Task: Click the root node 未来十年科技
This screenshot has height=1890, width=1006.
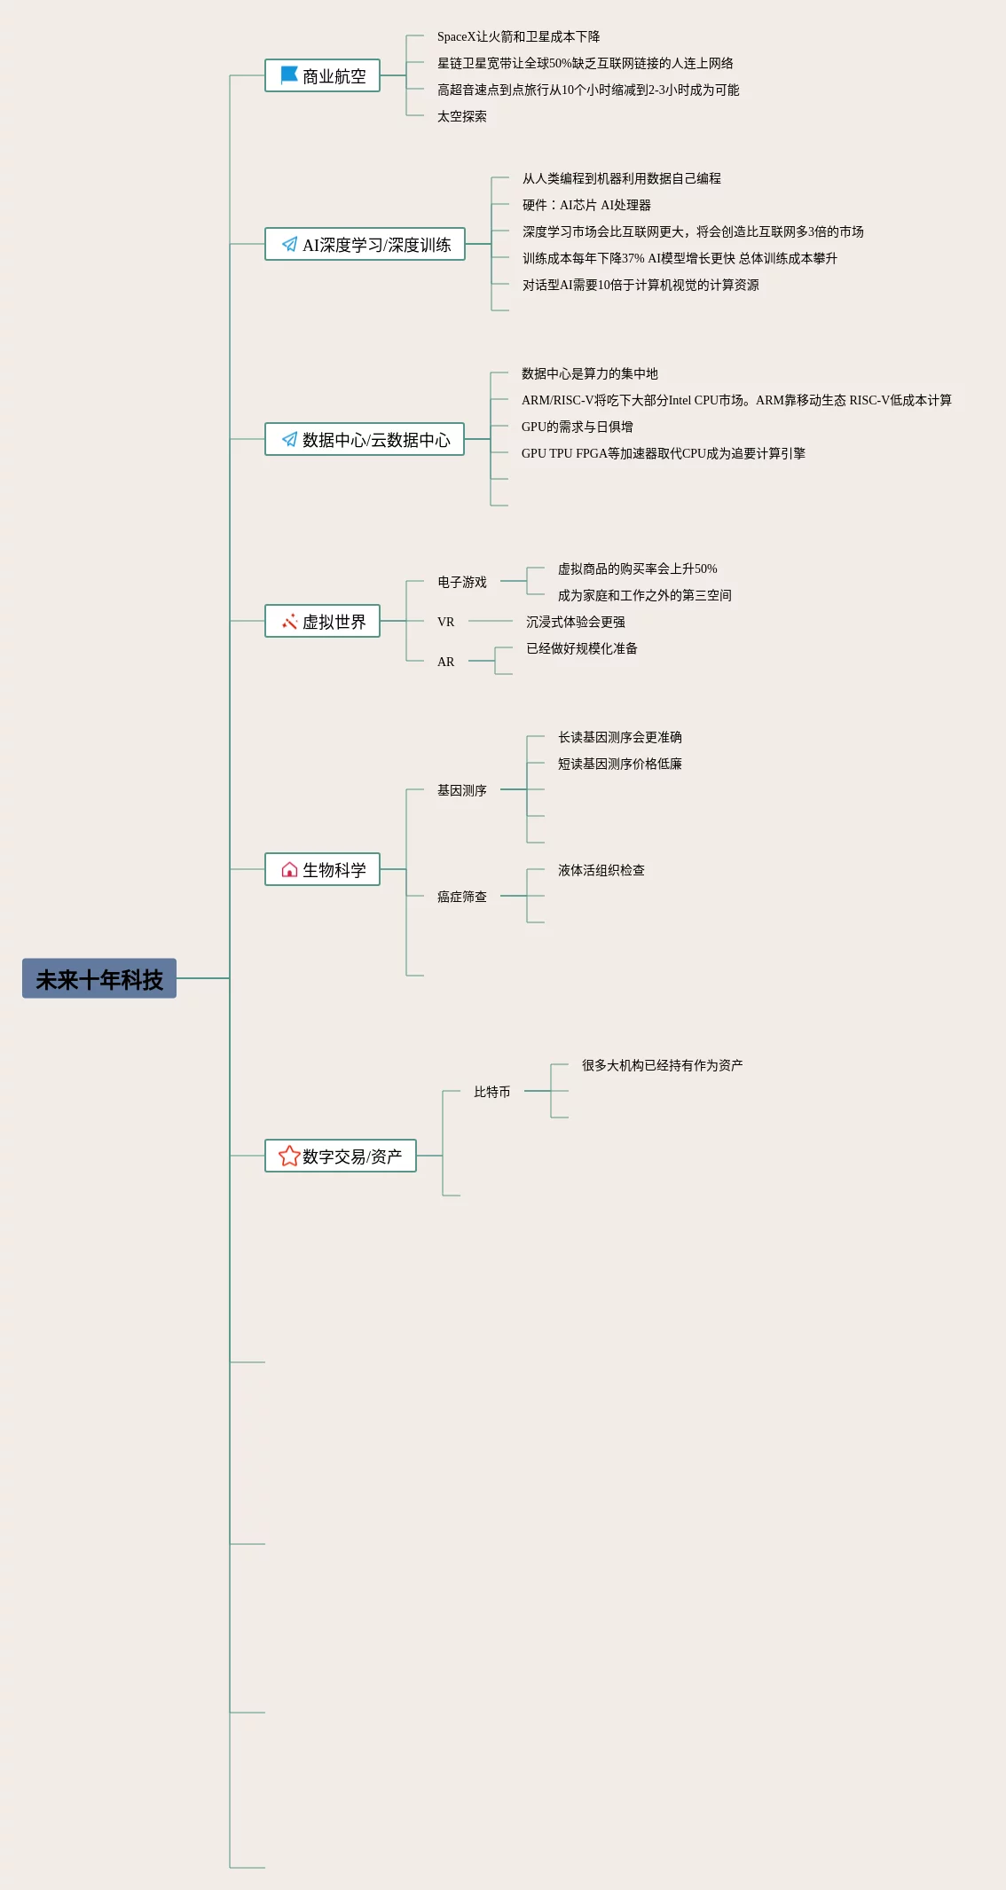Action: [x=99, y=978]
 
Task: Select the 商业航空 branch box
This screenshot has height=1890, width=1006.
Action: [x=322, y=76]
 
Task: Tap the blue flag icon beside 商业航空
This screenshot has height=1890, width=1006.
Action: [x=289, y=75]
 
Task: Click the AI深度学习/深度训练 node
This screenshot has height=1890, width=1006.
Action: [x=365, y=245]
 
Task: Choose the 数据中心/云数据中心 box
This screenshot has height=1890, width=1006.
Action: [x=365, y=440]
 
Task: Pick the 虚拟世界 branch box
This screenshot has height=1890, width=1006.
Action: [x=322, y=622]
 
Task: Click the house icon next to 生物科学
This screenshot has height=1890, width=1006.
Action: [x=289, y=870]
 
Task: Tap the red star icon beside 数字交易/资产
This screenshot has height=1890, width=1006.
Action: [x=289, y=1156]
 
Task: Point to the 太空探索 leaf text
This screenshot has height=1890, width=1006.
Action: [x=461, y=116]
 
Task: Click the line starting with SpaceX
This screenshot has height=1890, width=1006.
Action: [x=518, y=36]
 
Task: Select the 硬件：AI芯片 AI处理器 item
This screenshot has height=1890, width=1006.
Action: [x=586, y=205]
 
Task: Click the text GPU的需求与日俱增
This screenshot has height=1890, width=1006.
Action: [x=577, y=427]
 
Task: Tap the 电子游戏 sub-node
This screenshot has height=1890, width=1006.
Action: [x=461, y=582]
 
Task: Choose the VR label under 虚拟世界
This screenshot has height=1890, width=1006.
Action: [x=445, y=622]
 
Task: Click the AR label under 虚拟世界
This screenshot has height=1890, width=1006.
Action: [x=445, y=662]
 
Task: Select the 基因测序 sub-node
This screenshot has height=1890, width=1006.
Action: [x=461, y=790]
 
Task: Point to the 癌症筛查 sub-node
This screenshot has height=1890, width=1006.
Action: [x=461, y=897]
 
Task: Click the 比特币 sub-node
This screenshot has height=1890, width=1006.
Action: [x=491, y=1092]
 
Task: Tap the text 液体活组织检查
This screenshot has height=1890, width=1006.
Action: [x=601, y=870]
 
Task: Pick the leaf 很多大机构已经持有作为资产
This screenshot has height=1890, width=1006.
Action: [x=662, y=1065]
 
